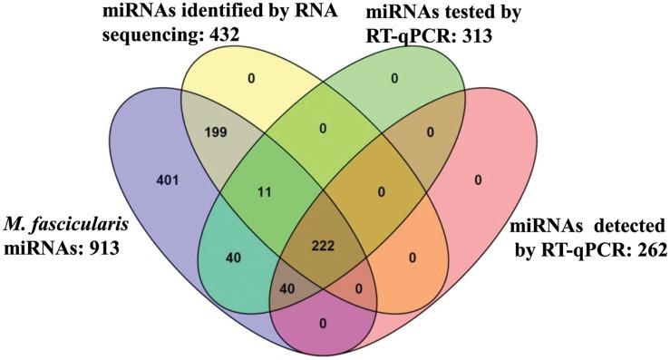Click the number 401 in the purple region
pos(166,180)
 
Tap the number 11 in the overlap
pos(265,191)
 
